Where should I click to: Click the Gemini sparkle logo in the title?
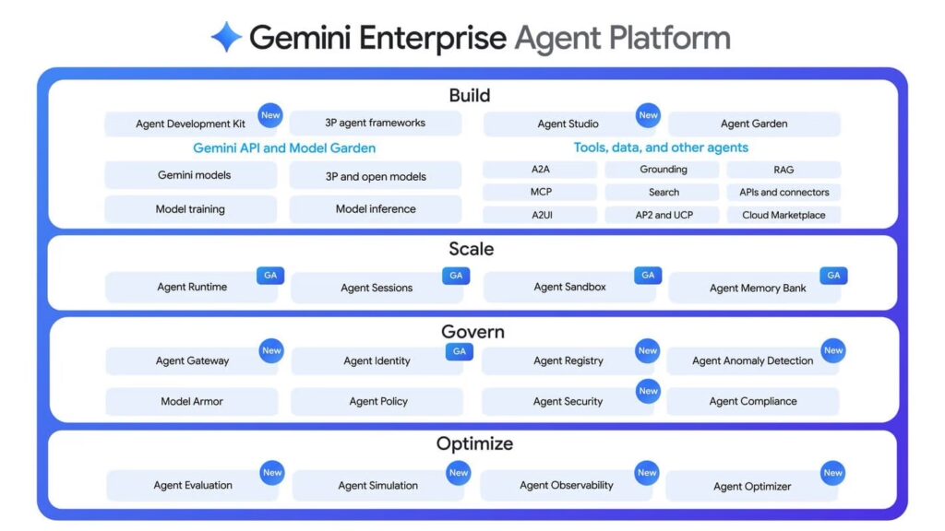[x=226, y=38]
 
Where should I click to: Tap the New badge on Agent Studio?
[x=648, y=115]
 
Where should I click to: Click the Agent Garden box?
[x=753, y=124]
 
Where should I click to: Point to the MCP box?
[x=540, y=193]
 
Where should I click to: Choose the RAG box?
[x=784, y=170]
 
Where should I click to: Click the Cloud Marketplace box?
[x=784, y=215]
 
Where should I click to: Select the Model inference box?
[x=375, y=209]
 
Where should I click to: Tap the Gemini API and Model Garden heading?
[x=284, y=147]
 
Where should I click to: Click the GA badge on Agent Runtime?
[x=270, y=276]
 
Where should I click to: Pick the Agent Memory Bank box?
[x=757, y=288]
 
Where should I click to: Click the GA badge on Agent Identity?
[x=459, y=351]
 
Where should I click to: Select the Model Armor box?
[x=191, y=402]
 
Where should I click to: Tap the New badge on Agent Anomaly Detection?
[x=832, y=350]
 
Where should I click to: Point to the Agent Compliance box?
[x=752, y=402]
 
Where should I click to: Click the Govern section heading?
[x=472, y=332]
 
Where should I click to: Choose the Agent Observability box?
[x=566, y=486]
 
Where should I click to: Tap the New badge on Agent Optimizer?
[x=832, y=473]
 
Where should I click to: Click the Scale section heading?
[x=472, y=249]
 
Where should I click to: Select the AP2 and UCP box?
[x=663, y=215]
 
